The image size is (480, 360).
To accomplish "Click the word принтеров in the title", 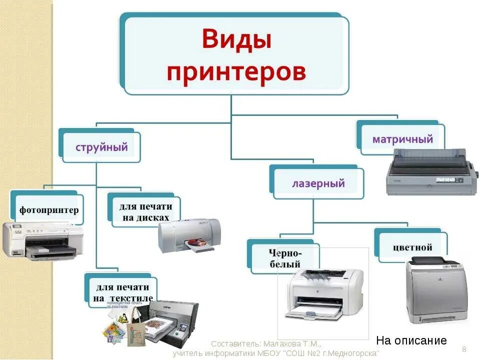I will point(236,71).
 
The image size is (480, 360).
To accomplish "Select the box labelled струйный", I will point(101,147).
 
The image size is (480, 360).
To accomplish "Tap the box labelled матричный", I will point(402,139).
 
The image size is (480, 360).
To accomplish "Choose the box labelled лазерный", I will point(318,183).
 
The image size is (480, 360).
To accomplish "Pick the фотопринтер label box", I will point(49,210).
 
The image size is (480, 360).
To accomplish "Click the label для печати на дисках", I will point(145,211).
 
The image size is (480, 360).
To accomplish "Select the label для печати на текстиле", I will point(122,293).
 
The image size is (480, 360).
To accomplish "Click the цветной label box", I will point(412,247).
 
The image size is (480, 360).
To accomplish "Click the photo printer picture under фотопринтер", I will point(42,241).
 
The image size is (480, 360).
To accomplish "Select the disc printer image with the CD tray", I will point(189,235).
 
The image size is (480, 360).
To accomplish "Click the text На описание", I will point(411,341).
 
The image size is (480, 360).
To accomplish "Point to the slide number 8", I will point(464,348).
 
